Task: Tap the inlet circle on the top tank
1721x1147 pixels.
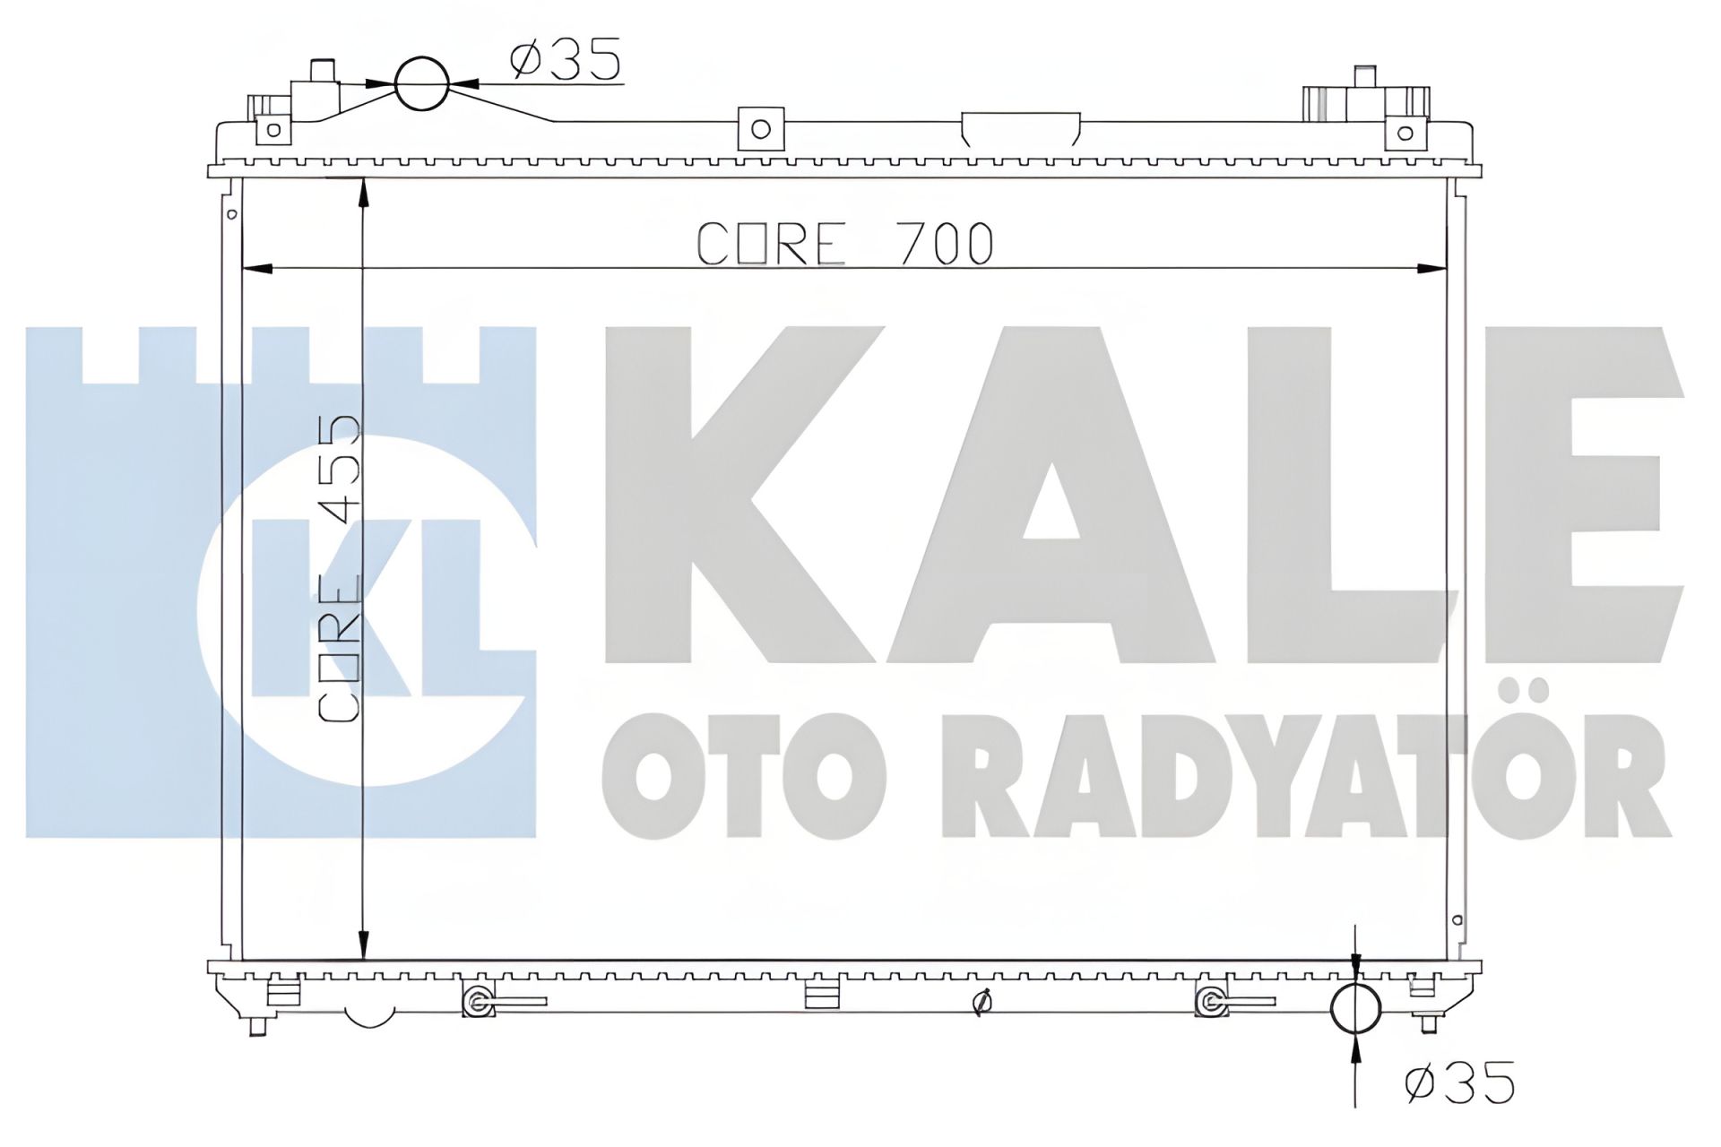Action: pos(421,83)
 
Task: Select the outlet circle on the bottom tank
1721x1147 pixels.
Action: pos(1355,1009)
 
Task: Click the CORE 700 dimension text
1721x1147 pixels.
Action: pos(844,244)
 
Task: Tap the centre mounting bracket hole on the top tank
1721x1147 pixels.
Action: pos(760,129)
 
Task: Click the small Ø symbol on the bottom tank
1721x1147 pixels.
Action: pos(982,1005)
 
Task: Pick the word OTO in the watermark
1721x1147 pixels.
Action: pos(743,775)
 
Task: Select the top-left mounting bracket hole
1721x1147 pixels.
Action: pos(274,131)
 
